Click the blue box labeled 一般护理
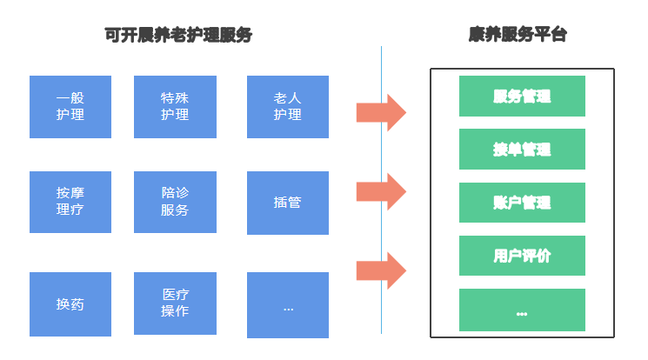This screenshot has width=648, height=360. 70,106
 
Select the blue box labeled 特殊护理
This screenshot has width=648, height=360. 175,106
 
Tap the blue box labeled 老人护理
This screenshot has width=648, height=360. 288,106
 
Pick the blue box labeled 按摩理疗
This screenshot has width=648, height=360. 70,202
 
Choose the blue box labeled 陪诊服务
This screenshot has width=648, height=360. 175,202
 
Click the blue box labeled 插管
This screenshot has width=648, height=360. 288,203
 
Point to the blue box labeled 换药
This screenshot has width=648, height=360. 70,304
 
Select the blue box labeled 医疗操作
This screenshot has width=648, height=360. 175,304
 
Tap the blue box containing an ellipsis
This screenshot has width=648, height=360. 288,305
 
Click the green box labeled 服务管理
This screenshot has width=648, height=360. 522,96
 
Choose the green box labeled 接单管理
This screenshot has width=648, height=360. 522,149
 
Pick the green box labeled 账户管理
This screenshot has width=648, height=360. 522,203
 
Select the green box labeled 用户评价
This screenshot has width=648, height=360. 522,256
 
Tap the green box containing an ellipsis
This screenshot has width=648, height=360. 522,310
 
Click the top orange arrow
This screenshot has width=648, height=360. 381,112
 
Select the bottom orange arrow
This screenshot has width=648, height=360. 381,270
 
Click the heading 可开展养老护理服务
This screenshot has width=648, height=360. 178,35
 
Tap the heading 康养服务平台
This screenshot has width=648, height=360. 518,35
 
